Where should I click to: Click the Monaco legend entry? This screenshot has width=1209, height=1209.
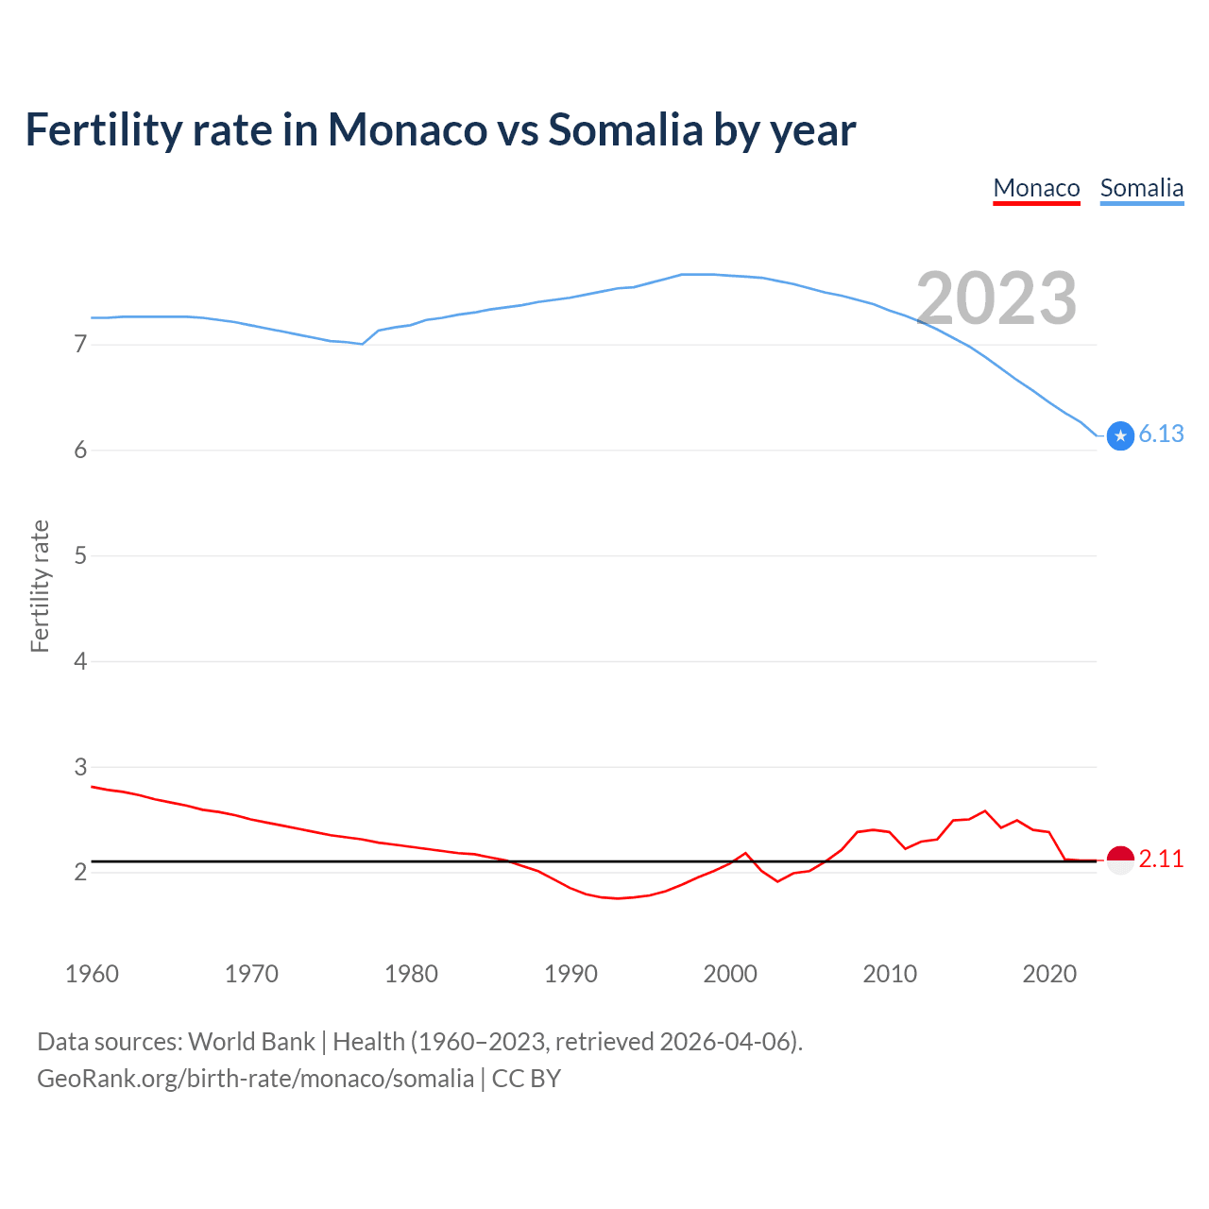coord(1036,188)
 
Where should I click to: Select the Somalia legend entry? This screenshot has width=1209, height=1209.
coord(1141,188)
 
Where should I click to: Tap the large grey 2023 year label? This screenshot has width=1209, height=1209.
coord(996,298)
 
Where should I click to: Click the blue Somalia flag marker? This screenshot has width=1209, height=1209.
coord(1120,435)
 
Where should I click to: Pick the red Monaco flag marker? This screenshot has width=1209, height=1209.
coord(1120,860)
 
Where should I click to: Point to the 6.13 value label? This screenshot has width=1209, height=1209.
coord(1161,434)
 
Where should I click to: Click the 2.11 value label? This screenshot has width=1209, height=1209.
coord(1161,859)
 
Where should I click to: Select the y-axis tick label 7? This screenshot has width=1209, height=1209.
coord(80,345)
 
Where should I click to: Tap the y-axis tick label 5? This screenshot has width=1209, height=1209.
coord(80,555)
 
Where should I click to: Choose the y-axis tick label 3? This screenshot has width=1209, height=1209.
coord(80,767)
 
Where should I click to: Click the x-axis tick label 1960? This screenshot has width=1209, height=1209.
coord(92,974)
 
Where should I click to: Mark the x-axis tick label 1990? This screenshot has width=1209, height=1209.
coord(570,974)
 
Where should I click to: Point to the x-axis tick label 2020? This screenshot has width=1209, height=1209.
coord(1049,974)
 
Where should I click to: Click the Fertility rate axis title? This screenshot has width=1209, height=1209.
coord(40,586)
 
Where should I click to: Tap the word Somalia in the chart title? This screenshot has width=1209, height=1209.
coord(625,129)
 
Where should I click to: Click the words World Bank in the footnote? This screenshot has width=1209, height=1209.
coord(251,1042)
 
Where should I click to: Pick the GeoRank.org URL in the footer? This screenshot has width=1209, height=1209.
coord(255,1079)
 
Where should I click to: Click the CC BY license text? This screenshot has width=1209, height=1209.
coord(526,1079)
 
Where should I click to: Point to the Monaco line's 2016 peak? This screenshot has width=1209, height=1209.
coord(985,810)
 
